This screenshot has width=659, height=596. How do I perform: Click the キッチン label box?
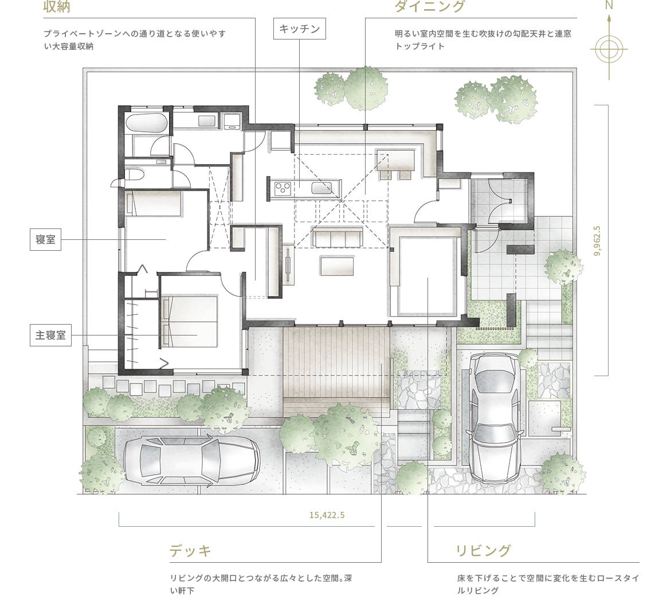pos(300,29)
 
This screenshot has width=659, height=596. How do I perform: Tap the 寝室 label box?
pos(45,240)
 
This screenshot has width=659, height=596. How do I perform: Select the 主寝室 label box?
pos(50,336)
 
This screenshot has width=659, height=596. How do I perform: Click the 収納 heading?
pos(57,7)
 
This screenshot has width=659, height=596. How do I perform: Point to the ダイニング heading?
pos(429,7)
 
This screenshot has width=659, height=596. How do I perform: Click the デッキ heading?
pos(191,551)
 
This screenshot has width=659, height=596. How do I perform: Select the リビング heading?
pos(483,551)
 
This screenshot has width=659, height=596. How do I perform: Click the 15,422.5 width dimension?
pos(327,515)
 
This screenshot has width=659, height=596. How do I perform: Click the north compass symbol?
pos(609,49)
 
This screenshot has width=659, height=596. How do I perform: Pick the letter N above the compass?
pos(609,6)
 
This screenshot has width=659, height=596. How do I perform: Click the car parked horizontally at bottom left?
pos(192,460)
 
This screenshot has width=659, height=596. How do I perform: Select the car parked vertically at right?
pos(495,417)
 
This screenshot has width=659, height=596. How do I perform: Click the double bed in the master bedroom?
pos(189,321)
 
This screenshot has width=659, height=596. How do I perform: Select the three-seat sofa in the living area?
pos(338,238)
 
